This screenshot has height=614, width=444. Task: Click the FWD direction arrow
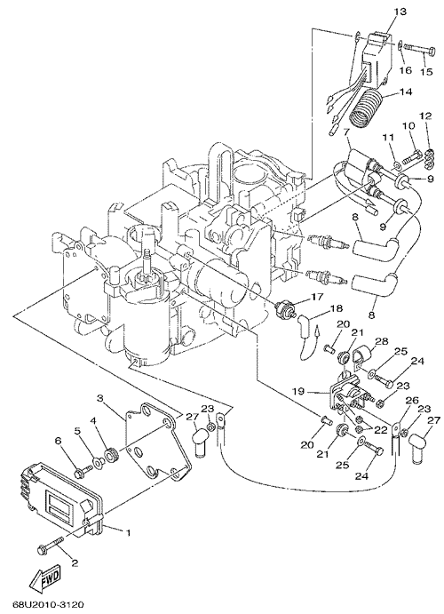(46, 576)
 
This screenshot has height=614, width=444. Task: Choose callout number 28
(384, 341)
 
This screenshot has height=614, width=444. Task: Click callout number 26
(412, 401)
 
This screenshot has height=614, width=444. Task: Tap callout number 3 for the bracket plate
(100, 398)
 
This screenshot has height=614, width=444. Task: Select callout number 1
(128, 533)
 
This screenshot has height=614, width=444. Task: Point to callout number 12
(425, 116)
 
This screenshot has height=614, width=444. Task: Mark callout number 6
(59, 441)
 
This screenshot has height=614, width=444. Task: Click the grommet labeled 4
(111, 455)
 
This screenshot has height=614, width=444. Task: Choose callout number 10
(408, 126)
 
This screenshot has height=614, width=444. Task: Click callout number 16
(406, 70)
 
